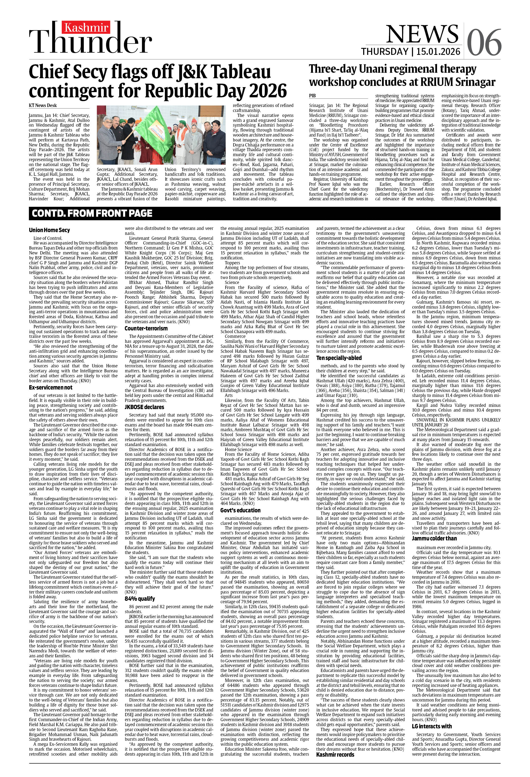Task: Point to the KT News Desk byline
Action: click(x=43, y=105)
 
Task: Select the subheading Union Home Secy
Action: click(x=49, y=230)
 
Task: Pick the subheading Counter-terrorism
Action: click(x=146, y=328)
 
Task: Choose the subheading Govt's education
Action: click(x=240, y=510)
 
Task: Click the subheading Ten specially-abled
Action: click(x=339, y=358)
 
